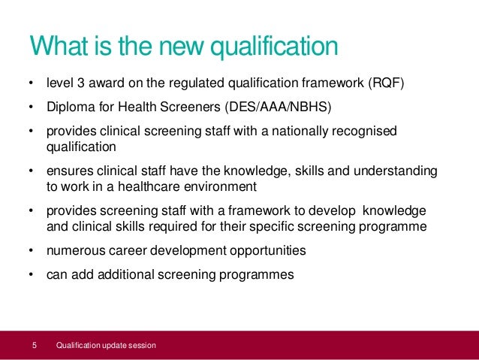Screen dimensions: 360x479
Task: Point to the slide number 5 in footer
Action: [x=35, y=346]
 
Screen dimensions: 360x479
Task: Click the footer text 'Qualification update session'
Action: [x=106, y=346]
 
